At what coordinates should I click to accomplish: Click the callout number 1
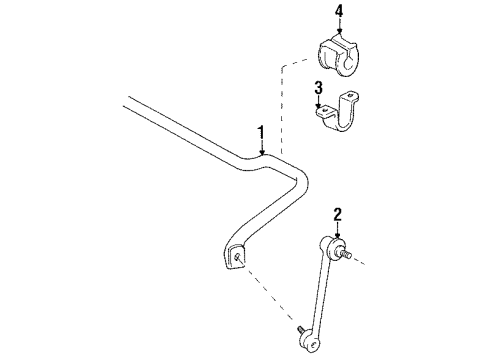(261, 134)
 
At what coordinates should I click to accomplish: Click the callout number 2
(338, 213)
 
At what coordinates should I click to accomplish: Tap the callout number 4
(339, 12)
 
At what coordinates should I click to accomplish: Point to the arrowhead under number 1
(262, 154)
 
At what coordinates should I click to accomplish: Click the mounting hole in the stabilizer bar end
(238, 257)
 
